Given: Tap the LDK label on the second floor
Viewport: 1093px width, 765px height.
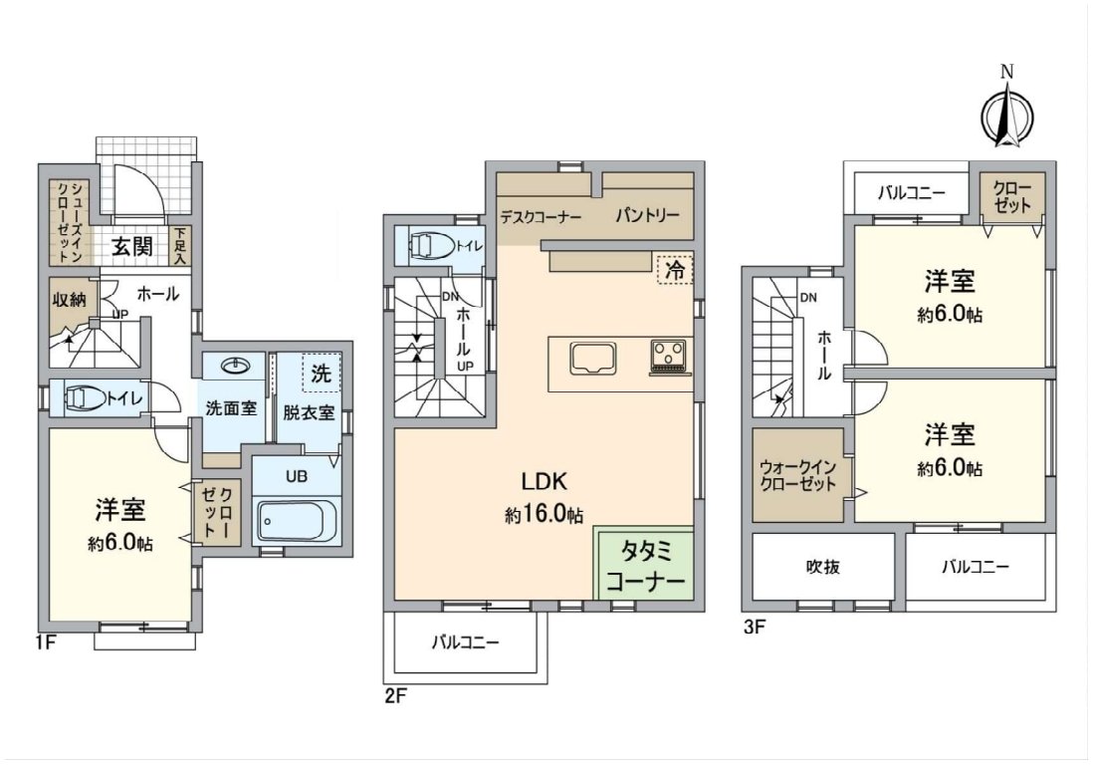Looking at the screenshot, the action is (544, 481).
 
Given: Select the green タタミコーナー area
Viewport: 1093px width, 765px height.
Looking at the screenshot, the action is (644, 563).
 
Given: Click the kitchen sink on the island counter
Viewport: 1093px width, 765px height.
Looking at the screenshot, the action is (593, 359).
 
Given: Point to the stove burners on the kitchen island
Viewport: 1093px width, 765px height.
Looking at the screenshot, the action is (670, 354).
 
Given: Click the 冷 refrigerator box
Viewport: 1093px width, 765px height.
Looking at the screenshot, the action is (675, 270).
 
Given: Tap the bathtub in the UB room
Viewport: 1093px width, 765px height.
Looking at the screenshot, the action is (297, 520).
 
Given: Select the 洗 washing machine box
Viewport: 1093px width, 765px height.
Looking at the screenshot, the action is (322, 374).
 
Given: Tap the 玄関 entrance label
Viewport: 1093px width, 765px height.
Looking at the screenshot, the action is (132, 246).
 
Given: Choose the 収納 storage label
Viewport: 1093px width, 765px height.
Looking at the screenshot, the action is (70, 300).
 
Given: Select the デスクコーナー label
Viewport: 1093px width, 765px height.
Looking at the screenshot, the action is (541, 217).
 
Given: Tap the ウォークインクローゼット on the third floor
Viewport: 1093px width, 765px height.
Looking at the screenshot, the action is (797, 475).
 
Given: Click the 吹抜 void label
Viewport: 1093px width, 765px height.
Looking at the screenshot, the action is (822, 567).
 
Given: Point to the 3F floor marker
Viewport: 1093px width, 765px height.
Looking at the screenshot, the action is (755, 627).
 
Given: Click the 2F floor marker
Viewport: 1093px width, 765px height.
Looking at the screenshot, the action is (394, 696).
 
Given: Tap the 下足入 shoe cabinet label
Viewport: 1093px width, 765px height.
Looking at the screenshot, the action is (180, 245).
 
